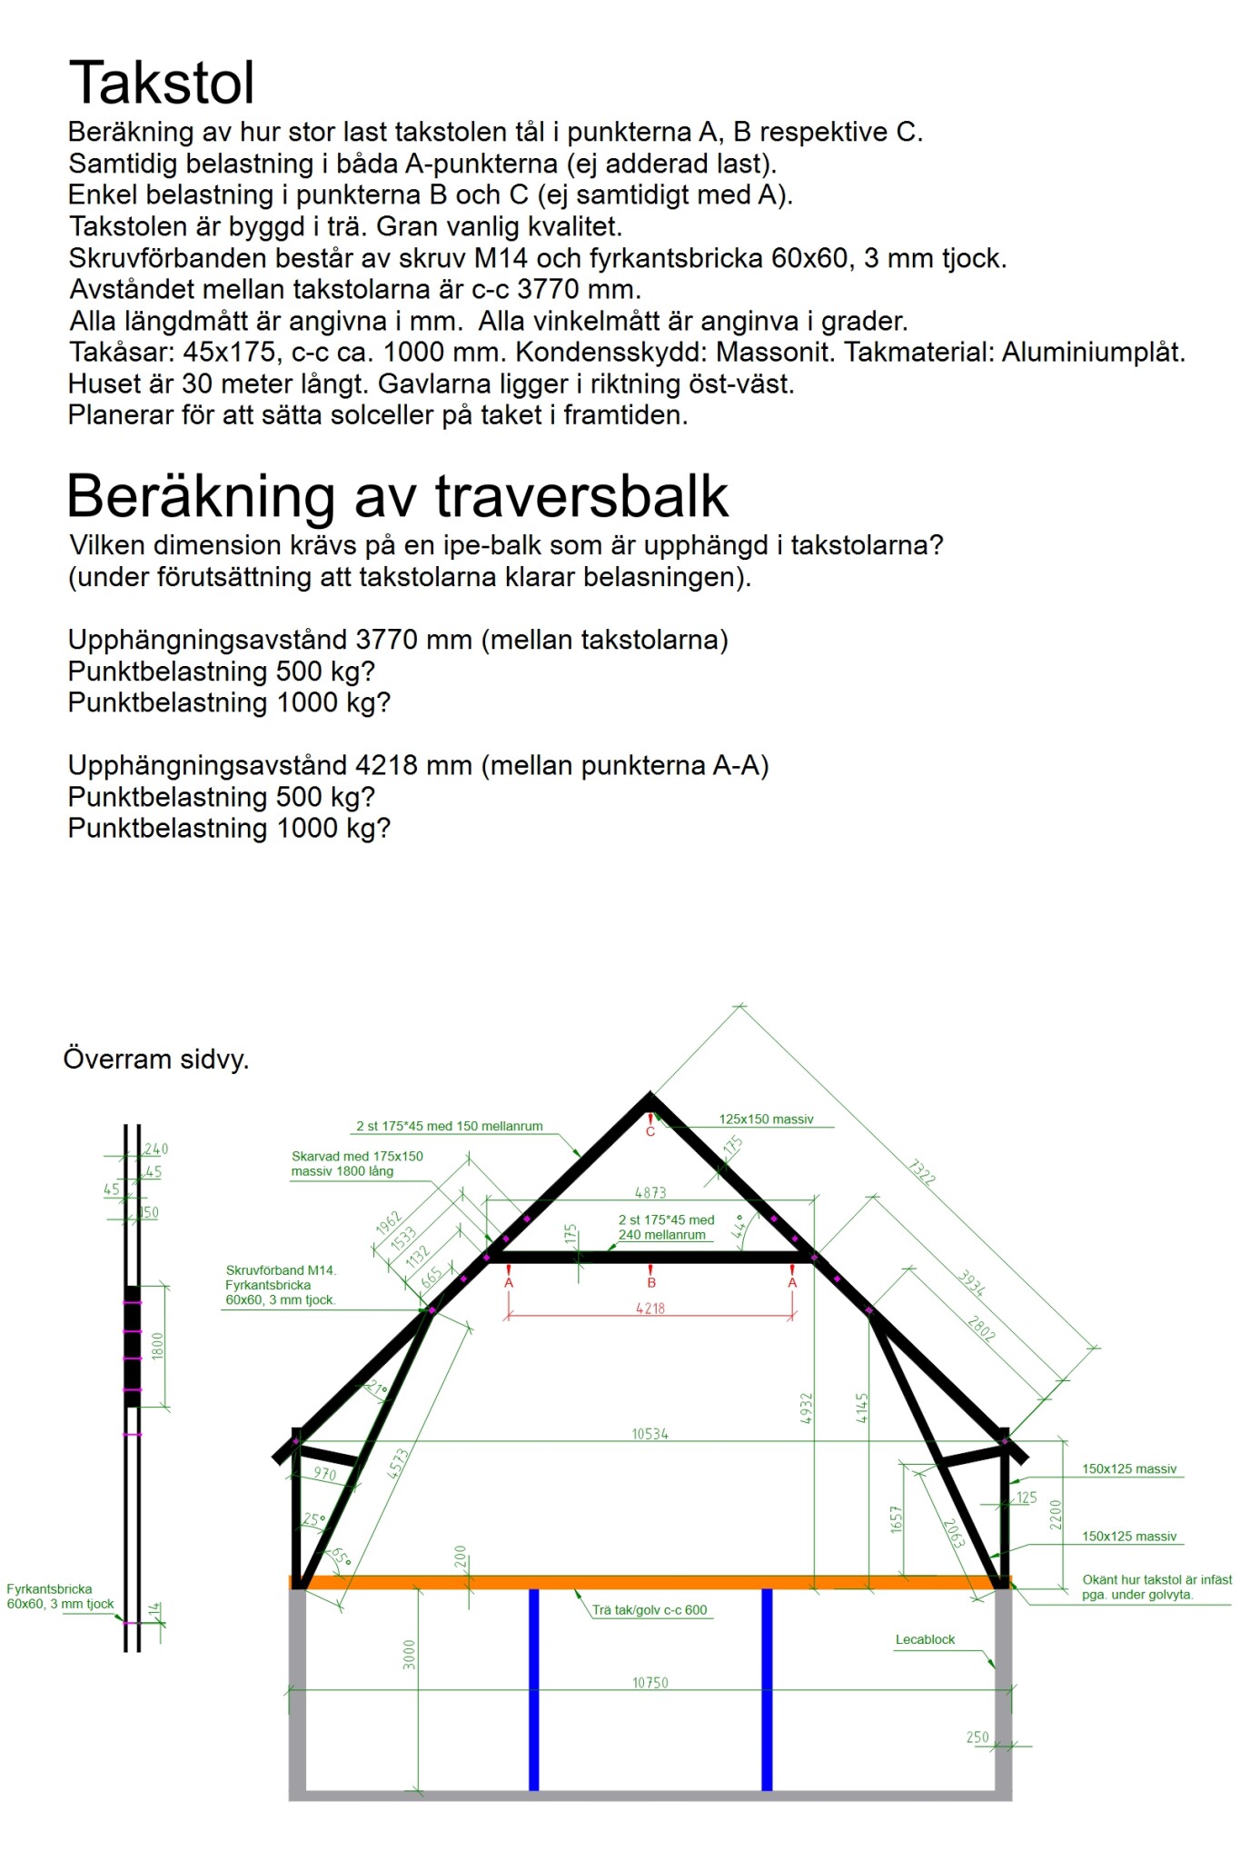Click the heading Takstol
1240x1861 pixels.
pyautogui.click(x=162, y=84)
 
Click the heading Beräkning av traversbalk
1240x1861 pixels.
pyautogui.click(x=397, y=496)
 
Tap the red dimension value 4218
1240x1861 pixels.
pyautogui.click(x=650, y=1309)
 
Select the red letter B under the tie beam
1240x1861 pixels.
pyautogui.click(x=651, y=1282)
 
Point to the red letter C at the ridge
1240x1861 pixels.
pyautogui.click(x=650, y=1131)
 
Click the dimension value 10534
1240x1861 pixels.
pyautogui.click(x=650, y=1434)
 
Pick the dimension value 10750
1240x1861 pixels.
pyautogui.click(x=650, y=1683)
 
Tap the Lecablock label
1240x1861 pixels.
pyautogui.click(x=925, y=1639)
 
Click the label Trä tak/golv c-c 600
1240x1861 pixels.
pyautogui.click(x=650, y=1610)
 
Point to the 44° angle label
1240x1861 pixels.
pyautogui.click(x=740, y=1227)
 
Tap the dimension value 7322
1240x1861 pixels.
pyautogui.click(x=921, y=1172)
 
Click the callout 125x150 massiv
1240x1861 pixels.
pyautogui.click(x=766, y=1120)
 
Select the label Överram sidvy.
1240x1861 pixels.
pyautogui.click(x=156, y=1060)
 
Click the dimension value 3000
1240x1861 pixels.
pyautogui.click(x=409, y=1654)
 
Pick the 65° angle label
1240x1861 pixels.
pyautogui.click(x=340, y=1557)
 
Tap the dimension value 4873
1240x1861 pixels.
pyautogui.click(x=650, y=1192)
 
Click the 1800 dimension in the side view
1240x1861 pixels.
pyautogui.click(x=158, y=1346)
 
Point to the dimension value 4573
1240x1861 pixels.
pyautogui.click(x=399, y=1464)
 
